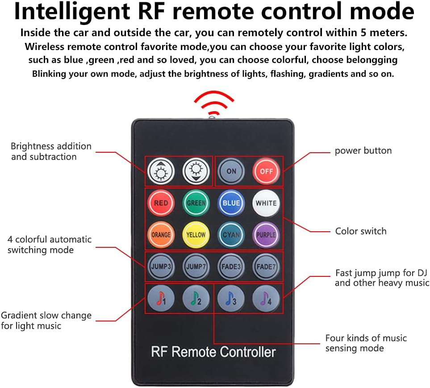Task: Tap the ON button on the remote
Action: [231, 171]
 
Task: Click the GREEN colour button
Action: [196, 203]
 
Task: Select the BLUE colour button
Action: [231, 203]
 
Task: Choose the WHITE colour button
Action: [266, 203]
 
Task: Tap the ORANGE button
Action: [161, 234]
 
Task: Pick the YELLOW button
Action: [196, 234]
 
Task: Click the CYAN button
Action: [231, 234]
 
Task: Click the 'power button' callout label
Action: [363, 150]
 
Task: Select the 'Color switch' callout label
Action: [361, 231]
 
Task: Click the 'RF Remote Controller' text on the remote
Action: [213, 352]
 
